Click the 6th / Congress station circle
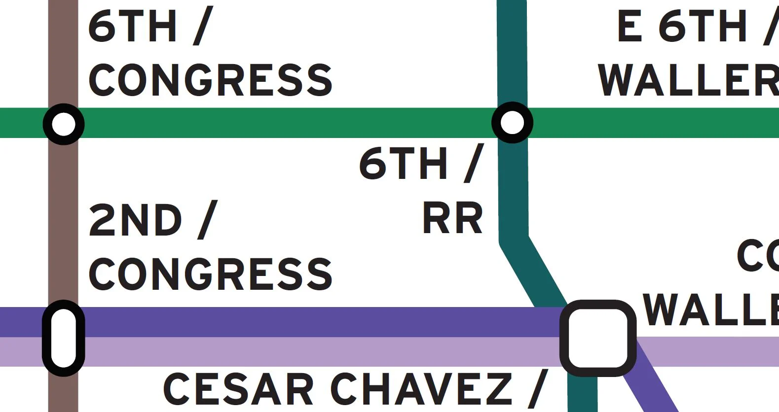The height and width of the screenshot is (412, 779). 64,124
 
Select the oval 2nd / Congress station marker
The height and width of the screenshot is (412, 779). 64,338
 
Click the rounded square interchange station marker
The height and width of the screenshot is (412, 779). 598,338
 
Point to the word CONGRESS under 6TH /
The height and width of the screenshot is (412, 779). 210,80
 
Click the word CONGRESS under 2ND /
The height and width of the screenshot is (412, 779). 210,274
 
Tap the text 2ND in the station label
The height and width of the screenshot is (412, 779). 135,220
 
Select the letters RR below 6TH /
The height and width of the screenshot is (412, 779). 452,218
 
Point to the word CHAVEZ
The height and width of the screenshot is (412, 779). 422,389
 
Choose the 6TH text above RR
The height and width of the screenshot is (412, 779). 403,164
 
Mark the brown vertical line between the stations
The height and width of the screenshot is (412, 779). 64,217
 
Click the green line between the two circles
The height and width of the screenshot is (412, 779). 286,123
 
